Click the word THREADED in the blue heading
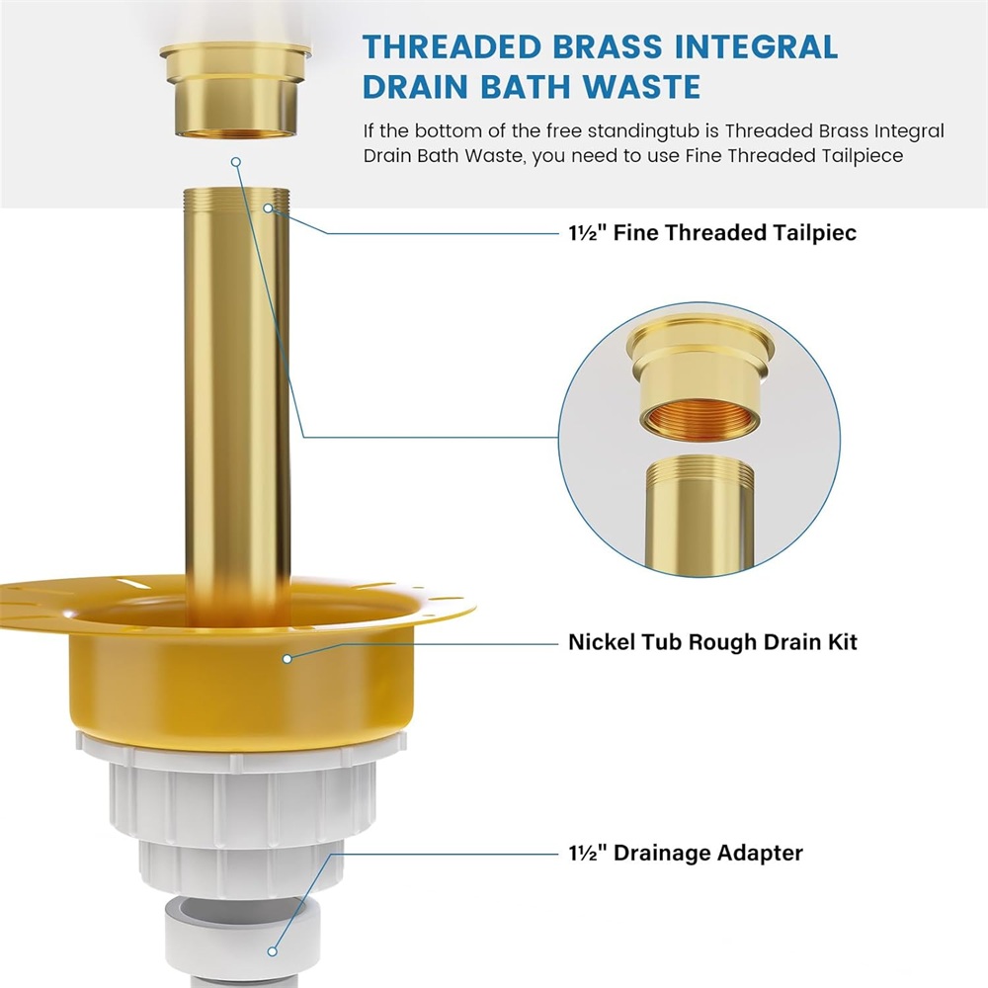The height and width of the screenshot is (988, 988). pos(451,47)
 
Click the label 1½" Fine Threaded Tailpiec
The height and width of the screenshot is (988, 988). pos(712,232)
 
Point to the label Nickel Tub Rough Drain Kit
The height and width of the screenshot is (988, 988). pos(712,642)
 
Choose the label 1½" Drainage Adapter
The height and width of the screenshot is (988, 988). pos(686,853)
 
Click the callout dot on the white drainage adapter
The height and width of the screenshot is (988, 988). pos(273,951)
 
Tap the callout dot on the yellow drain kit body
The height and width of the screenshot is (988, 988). pos(288,659)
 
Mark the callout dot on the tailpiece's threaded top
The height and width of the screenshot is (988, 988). pos(269,207)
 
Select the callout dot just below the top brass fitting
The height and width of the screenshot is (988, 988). pos(236,162)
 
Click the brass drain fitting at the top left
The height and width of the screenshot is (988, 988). pos(236,89)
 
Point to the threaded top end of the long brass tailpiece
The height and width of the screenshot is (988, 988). pos(237,201)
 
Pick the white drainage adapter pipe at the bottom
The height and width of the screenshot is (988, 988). pos(243,939)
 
